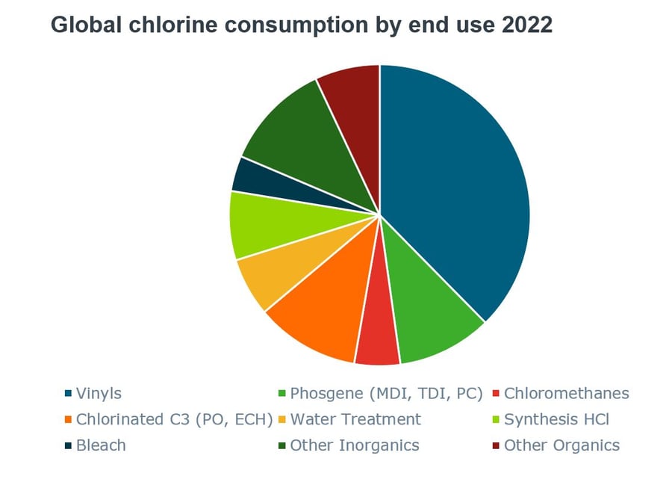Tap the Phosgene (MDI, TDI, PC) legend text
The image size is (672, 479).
(387, 393)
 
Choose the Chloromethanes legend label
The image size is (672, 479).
(567, 393)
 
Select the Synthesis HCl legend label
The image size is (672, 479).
(556, 419)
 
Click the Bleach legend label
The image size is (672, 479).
(101, 445)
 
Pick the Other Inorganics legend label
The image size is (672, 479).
(355, 445)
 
